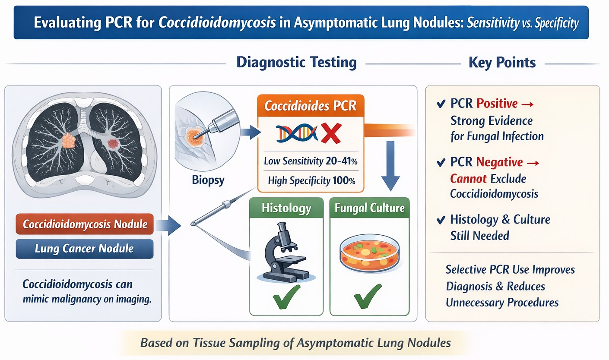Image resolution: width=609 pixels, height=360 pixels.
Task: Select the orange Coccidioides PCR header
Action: (310, 106)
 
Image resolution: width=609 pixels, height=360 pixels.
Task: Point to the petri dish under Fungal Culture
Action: (369, 255)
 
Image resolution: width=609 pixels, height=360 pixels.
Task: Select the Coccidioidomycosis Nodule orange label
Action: (85, 224)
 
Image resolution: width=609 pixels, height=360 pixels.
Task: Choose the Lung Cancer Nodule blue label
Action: (85, 249)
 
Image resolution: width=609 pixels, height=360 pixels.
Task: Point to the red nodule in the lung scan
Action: (113, 143)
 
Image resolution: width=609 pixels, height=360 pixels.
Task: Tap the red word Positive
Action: (497, 104)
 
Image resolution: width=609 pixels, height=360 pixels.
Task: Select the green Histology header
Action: (286, 208)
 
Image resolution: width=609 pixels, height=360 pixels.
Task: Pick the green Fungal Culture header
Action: (369, 208)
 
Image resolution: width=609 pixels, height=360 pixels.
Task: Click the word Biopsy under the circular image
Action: (208, 180)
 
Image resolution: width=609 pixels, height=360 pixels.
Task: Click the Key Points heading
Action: (502, 63)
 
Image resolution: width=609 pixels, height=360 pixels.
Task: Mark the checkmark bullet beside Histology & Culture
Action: (441, 220)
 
